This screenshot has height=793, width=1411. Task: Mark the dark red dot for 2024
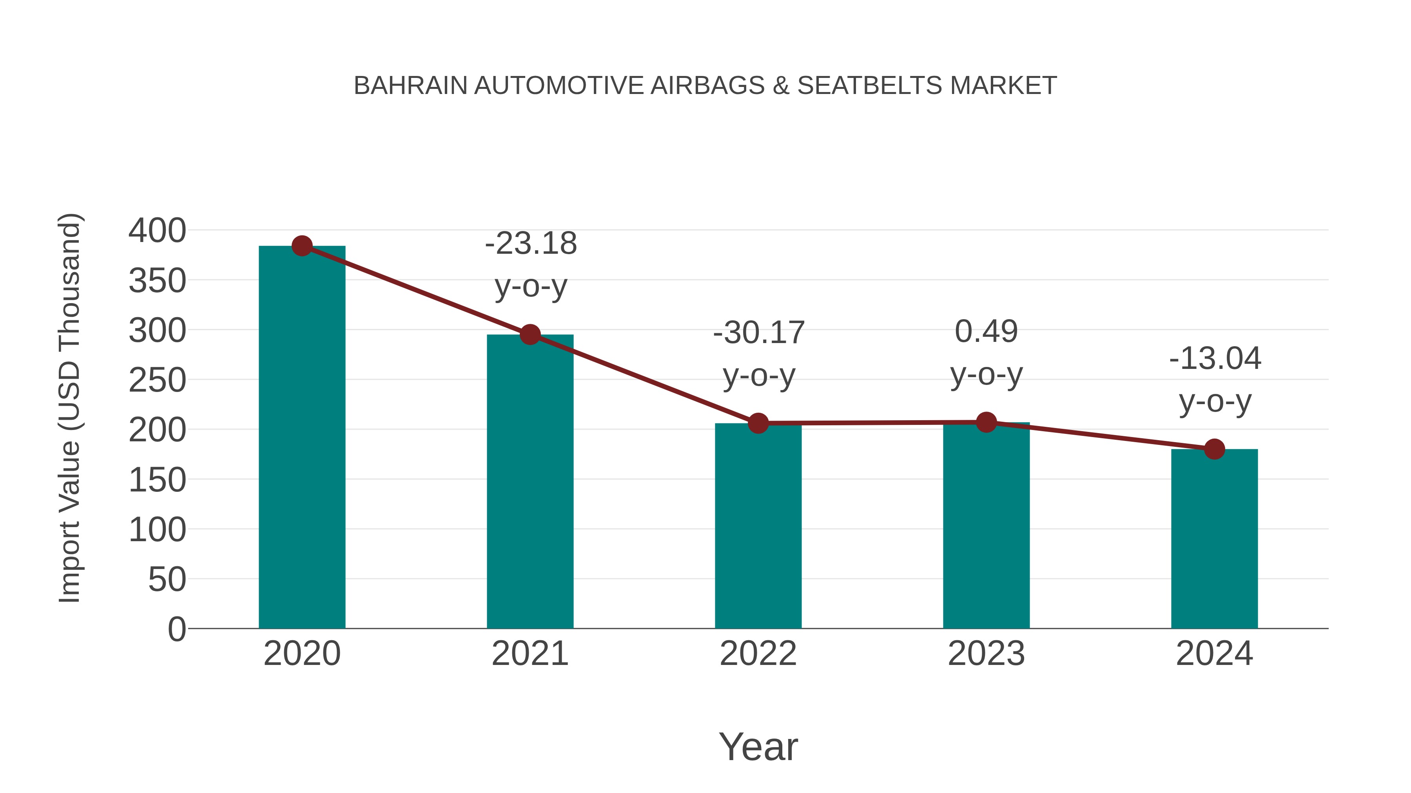click(1214, 449)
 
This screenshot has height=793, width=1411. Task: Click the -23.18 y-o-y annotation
click(531, 264)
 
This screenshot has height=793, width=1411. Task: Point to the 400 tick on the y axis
click(157, 230)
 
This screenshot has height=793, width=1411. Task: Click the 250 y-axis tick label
click(157, 380)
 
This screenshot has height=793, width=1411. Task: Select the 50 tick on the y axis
click(167, 580)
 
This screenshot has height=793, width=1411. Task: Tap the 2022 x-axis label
click(758, 654)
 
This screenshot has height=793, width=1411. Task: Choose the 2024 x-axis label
click(1214, 654)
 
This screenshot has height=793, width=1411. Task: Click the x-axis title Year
click(758, 746)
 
